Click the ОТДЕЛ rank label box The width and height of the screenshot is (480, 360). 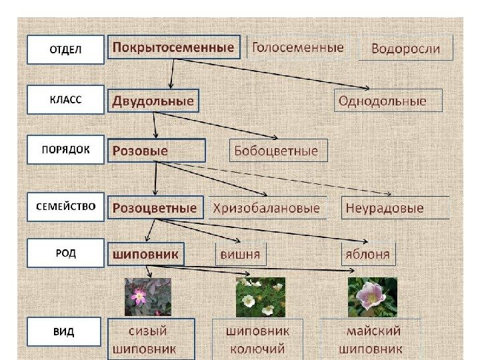point(65,49)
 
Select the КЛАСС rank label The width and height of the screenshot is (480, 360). point(65,100)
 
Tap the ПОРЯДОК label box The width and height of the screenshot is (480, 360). point(65,150)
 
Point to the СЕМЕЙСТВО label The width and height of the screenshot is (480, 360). point(65,207)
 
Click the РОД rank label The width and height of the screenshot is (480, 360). point(65,253)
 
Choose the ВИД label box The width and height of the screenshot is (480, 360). point(65,332)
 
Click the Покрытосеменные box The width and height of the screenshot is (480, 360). point(173,47)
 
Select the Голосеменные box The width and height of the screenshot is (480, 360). point(298,47)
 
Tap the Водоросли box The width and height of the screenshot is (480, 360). point(405,48)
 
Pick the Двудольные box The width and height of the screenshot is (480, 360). point(153,101)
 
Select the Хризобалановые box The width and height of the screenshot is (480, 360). point(267,208)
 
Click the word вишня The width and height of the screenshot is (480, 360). point(239,254)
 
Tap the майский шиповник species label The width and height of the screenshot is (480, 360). point(371,339)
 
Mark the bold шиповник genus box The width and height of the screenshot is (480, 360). point(146,254)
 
